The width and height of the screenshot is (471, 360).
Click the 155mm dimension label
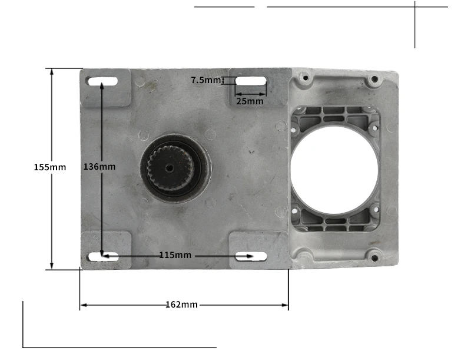[50, 167]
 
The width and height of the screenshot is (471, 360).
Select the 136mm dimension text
[99, 167]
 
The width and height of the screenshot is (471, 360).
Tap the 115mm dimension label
[175, 255]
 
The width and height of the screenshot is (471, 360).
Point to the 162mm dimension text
[181, 305]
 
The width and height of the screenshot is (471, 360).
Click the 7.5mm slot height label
[205, 80]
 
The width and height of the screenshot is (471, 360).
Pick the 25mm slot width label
[250, 101]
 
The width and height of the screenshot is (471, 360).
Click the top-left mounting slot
[103, 81]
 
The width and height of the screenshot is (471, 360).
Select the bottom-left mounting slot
[103, 256]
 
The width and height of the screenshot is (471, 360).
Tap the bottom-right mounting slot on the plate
[250, 256]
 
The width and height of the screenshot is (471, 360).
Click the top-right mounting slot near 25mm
[251, 82]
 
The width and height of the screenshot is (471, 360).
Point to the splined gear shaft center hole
[170, 169]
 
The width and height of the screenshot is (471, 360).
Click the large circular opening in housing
[334, 170]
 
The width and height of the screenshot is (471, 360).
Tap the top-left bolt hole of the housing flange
[304, 77]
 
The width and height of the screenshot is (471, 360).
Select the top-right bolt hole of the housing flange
[373, 78]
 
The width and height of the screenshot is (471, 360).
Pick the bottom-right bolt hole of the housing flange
[373, 257]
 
